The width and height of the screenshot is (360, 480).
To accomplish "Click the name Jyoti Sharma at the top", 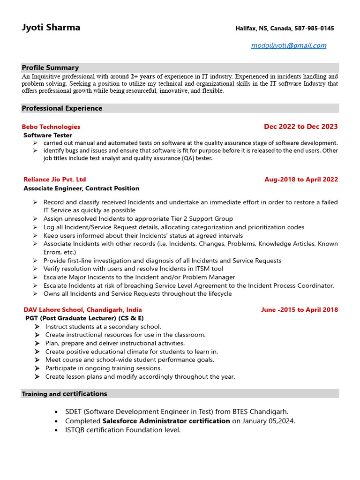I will click(x=51, y=28).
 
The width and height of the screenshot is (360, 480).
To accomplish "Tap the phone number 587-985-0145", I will click(x=314, y=29).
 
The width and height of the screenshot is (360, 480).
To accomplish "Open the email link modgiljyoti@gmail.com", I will click(x=289, y=45).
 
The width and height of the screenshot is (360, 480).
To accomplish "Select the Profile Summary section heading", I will click(x=50, y=67).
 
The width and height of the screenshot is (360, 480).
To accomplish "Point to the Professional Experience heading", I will click(x=62, y=108).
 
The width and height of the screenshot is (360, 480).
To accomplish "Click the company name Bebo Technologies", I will click(x=51, y=127).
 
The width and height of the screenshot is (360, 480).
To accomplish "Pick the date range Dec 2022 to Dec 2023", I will click(x=300, y=127).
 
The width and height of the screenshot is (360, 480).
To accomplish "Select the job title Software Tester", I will click(x=48, y=135).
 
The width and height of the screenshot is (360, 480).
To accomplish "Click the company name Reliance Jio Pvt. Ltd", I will click(x=55, y=180).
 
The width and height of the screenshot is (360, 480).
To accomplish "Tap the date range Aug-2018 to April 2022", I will click(x=301, y=180).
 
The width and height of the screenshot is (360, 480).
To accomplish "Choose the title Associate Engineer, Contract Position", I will click(x=82, y=188).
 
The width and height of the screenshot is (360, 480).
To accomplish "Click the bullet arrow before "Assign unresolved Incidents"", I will click(x=36, y=219).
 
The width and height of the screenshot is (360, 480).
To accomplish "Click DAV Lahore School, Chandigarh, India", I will click(x=83, y=310).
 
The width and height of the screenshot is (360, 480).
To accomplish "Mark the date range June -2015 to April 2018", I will click(x=299, y=310).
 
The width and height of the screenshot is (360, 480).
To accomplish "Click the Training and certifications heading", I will click(x=64, y=394).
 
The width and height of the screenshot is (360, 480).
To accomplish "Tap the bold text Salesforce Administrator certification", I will click(x=166, y=421).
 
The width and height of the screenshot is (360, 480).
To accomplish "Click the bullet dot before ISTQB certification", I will click(x=56, y=430).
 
